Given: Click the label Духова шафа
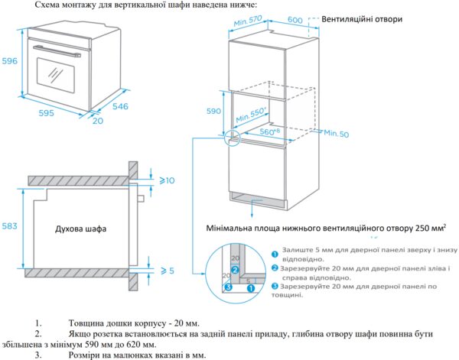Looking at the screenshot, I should [x=80, y=229].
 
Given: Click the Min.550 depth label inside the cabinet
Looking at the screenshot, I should [x=252, y=116].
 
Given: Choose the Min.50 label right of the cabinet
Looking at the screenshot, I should [x=336, y=134].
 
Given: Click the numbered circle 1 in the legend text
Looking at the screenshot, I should [x=274, y=251].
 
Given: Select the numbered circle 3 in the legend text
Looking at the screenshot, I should [x=274, y=286].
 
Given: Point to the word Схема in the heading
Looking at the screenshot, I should [x=41, y=5].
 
